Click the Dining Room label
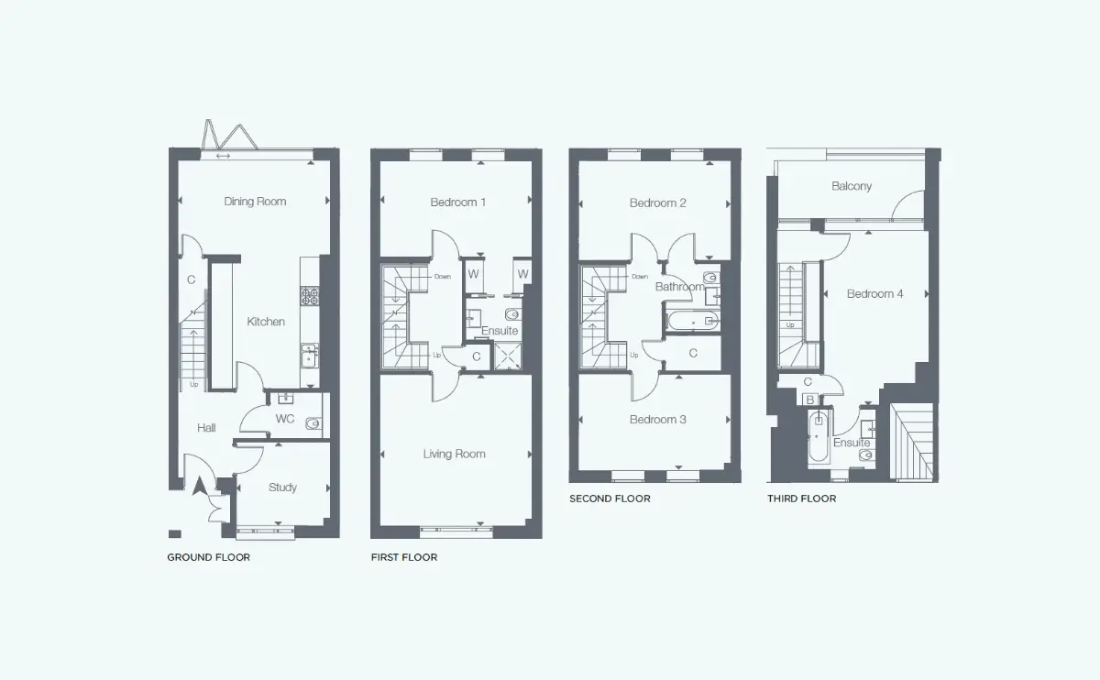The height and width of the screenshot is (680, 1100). (255, 202)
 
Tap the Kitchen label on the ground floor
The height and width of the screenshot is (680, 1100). (266, 322)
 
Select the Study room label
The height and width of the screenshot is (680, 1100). (282, 488)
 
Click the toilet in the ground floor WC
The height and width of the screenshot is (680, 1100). (313, 423)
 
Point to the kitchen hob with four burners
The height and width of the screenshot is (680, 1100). (310, 296)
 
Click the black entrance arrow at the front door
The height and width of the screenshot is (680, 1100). (200, 486)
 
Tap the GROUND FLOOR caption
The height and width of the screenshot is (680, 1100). (209, 557)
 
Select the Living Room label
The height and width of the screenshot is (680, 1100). (455, 455)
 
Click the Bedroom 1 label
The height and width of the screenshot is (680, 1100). (457, 203)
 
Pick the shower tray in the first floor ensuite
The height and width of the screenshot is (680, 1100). (508, 356)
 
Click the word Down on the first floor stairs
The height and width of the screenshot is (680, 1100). (443, 277)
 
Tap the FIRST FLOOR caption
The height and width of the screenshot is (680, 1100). (404, 557)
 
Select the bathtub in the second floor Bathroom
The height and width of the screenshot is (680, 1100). (692, 322)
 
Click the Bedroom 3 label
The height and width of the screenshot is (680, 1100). (657, 420)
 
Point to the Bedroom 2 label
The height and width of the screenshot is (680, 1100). (657, 203)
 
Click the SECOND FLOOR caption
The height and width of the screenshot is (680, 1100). (610, 499)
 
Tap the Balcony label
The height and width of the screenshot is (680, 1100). (852, 186)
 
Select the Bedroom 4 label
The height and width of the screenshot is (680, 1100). (874, 294)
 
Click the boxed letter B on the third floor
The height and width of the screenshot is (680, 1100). (810, 400)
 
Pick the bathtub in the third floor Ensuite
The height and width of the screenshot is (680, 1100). (818, 437)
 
